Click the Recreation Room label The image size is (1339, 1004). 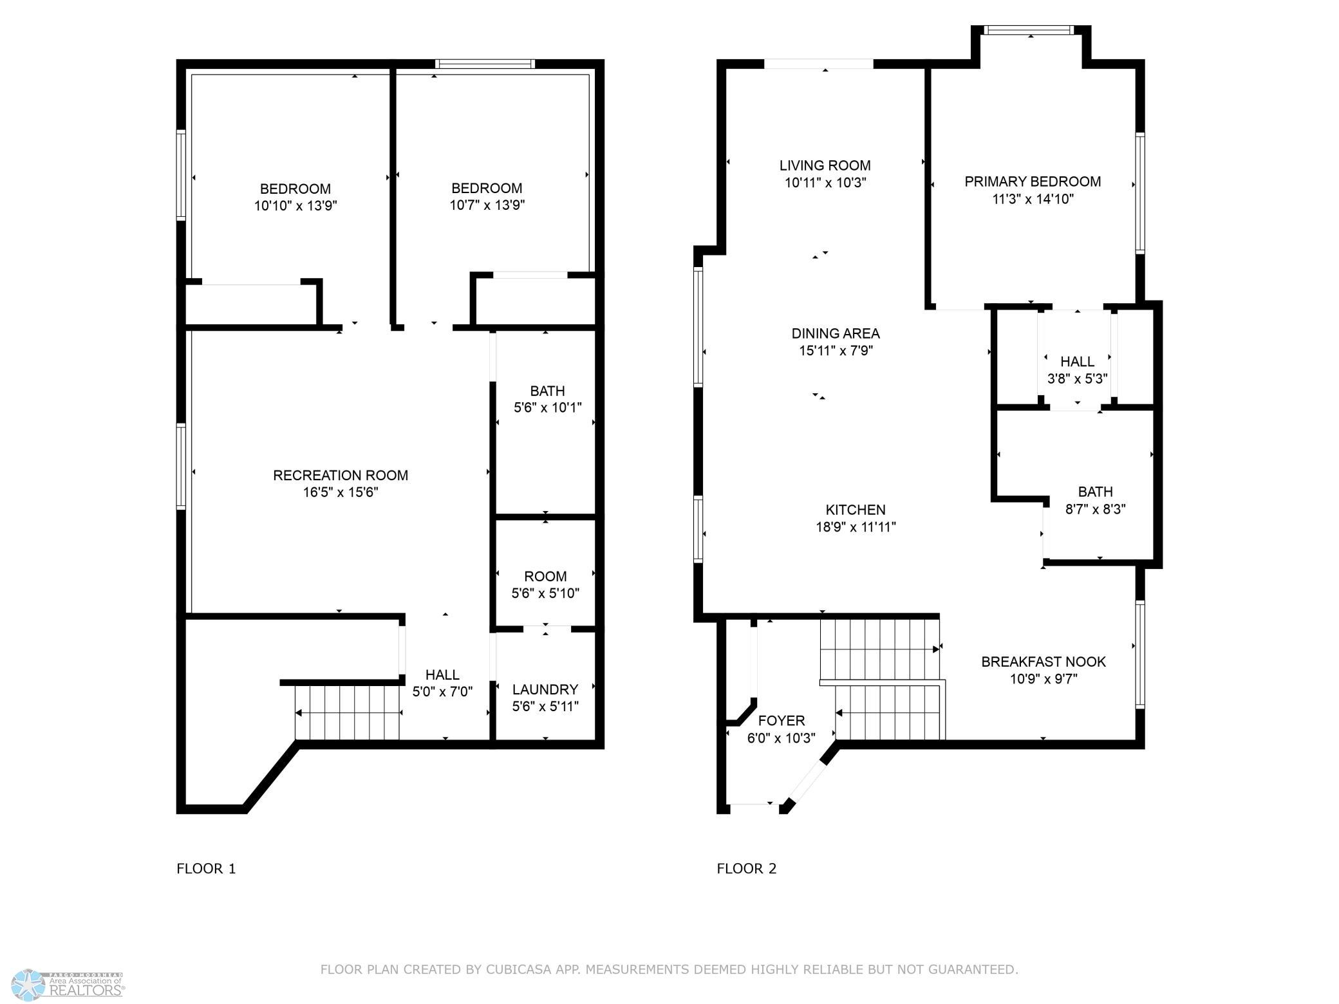341,476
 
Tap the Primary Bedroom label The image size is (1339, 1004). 1033,182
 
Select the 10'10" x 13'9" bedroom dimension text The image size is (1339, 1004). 295,206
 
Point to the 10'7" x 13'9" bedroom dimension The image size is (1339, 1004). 487,205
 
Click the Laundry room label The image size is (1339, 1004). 545,690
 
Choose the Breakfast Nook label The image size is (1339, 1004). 1044,662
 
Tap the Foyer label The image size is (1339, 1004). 782,721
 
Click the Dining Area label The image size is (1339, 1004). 836,333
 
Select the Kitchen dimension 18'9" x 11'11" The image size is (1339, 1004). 856,527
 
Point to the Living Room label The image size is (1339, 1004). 825,165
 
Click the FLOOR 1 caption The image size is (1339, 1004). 206,869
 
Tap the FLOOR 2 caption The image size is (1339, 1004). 747,869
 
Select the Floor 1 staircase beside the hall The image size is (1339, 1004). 348,712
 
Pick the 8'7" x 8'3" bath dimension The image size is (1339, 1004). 1095,509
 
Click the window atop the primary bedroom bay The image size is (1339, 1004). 1031,30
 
